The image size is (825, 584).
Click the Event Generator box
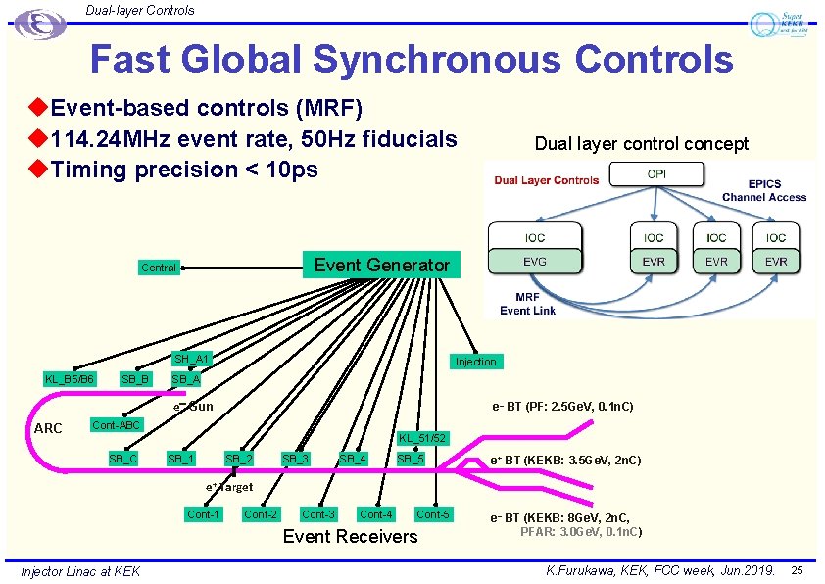(381, 265)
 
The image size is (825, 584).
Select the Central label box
(159, 268)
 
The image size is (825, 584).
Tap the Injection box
(475, 362)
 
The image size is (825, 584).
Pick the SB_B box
(134, 379)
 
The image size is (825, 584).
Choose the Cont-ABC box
(117, 424)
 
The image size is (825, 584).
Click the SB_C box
(122, 458)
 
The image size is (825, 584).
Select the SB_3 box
(296, 458)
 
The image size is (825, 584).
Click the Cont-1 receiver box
(204, 514)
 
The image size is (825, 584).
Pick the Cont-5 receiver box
(433, 514)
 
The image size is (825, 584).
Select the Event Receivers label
(350, 536)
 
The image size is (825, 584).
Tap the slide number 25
(797, 570)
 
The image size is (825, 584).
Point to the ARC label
(48, 428)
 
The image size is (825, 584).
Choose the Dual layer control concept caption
(641, 144)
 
